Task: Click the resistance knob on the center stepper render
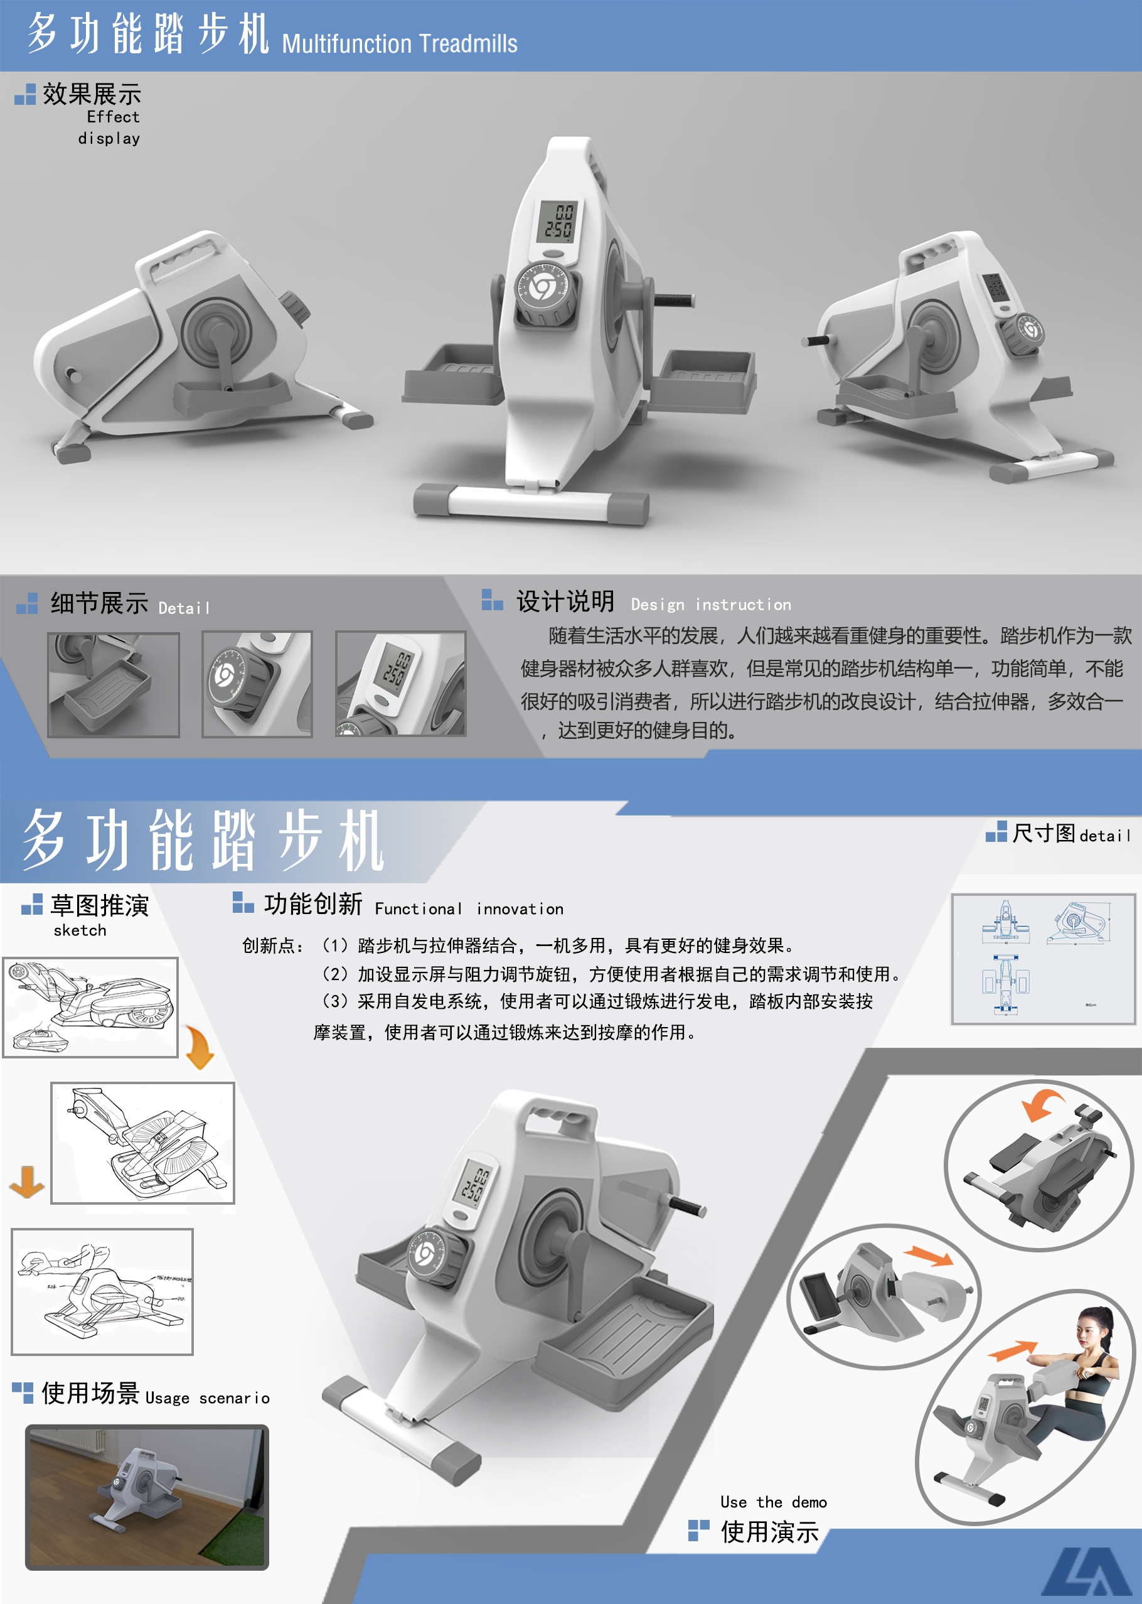[542, 288]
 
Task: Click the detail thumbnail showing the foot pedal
[113, 684]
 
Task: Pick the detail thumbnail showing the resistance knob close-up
[257, 684]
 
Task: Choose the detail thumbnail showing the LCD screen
[400, 684]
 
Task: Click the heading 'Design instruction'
[710, 605]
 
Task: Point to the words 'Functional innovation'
[469, 909]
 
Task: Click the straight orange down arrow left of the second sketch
[27, 1181]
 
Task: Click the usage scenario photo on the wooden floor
[147, 1497]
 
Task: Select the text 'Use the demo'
[773, 1502]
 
